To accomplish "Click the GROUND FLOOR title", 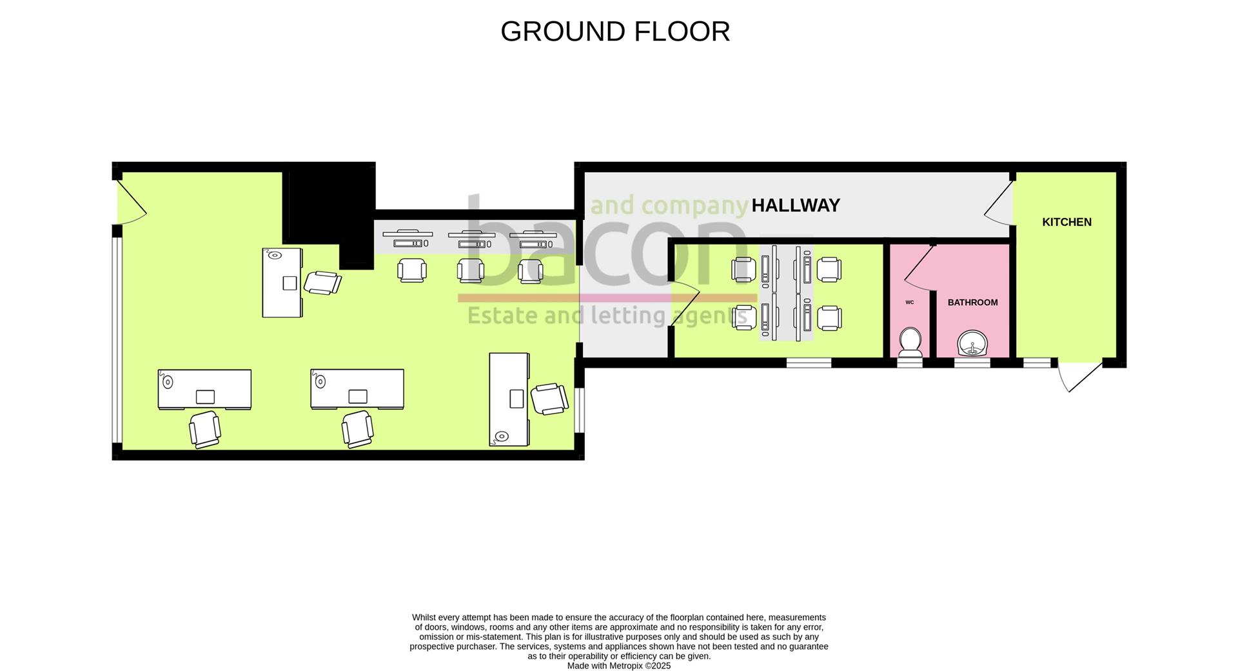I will [615, 32].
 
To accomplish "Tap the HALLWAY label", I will [796, 205].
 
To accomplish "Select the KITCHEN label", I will [1066, 222].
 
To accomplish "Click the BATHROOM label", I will [972, 303].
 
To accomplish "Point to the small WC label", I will [909, 302].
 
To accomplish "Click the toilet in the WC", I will [910, 342].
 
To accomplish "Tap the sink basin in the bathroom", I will [972, 343].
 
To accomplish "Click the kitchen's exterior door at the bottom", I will [1079, 376].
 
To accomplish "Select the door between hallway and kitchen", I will [999, 203].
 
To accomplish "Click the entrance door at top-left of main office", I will [132, 203].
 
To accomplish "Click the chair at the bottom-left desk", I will [205, 429].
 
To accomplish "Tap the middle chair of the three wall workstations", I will [471, 270].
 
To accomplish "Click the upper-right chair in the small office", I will [828, 269].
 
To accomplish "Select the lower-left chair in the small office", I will [743, 317].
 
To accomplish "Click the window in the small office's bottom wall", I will [809, 363].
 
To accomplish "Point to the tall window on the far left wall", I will [117, 340].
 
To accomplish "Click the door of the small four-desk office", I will [685, 305].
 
